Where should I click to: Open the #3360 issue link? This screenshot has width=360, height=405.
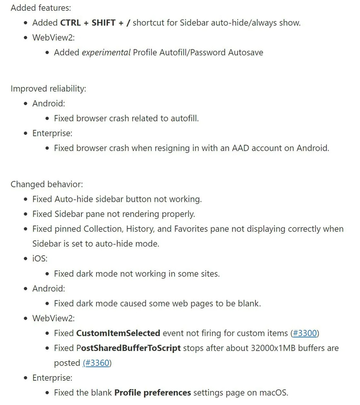pyautogui.click(x=97, y=363)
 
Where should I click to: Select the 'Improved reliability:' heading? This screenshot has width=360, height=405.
pyautogui.click(x=48, y=88)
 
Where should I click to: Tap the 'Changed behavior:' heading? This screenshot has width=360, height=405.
pyautogui.click(x=47, y=184)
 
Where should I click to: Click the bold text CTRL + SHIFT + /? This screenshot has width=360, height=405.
pyautogui.click(x=95, y=23)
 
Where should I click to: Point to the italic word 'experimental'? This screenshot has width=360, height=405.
pyautogui.click(x=106, y=52)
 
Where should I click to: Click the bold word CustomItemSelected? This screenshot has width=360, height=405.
pyautogui.click(x=118, y=333)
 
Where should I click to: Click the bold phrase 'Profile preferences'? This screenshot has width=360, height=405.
pyautogui.click(x=153, y=393)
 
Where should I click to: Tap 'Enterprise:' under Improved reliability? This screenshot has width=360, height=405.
pyautogui.click(x=52, y=133)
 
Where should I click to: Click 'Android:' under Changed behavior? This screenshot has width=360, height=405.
pyautogui.click(x=49, y=288)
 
